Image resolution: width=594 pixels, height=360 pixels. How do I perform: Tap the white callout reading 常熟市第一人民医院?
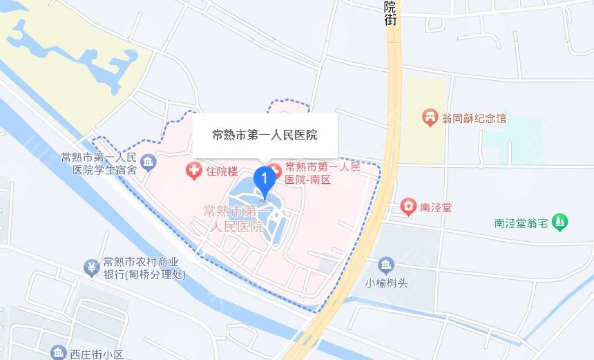(265, 135)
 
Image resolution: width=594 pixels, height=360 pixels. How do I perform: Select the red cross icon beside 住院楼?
(193, 169)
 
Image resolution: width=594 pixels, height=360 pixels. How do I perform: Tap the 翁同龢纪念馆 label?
(475, 118)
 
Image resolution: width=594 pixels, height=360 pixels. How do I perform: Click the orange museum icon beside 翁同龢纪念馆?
(432, 118)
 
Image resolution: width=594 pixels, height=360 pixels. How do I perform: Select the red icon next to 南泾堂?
(408, 207)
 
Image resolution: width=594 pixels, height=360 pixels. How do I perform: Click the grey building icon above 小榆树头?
(385, 265)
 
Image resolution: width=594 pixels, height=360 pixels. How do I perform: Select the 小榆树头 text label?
(385, 282)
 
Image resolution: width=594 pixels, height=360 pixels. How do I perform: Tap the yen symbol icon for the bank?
(90, 267)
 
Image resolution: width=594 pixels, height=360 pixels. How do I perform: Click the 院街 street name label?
(391, 13)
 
